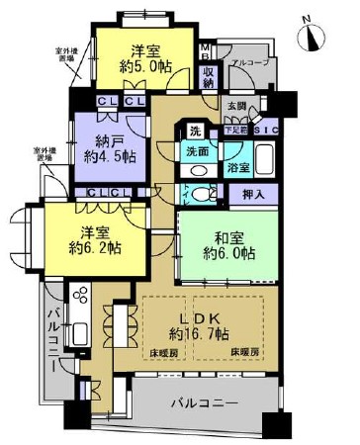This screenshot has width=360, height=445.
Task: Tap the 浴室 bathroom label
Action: (237, 169)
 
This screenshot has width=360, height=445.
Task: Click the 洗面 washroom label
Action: (197, 153)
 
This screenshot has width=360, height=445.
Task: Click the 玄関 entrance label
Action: (237, 106)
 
